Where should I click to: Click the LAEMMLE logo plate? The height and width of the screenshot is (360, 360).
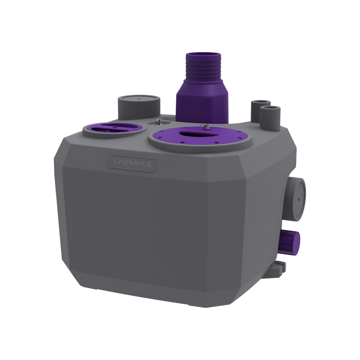(132, 163)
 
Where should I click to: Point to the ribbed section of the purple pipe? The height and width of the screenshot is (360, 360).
(203, 69)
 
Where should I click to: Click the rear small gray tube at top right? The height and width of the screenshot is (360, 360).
(260, 108)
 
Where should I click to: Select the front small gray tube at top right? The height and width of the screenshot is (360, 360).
(270, 118)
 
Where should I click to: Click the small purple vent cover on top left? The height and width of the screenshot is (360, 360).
(114, 129)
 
